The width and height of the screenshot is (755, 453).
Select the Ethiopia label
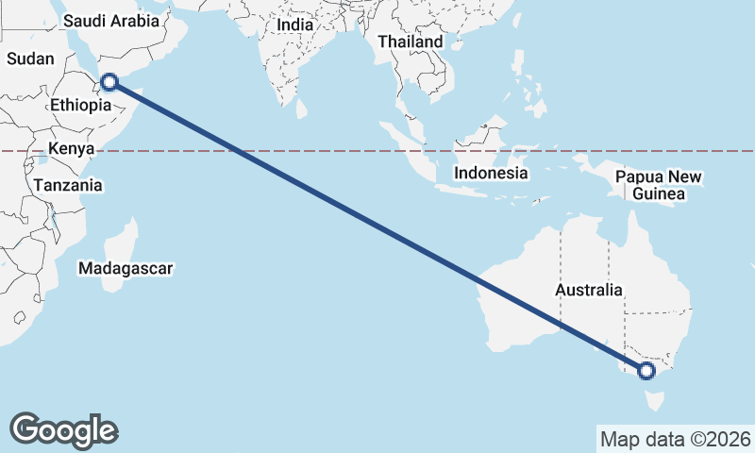coord(81,105)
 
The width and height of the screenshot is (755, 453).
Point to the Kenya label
coord(71,149)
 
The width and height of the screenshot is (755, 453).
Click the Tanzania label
coord(67,186)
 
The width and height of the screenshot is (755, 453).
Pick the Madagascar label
coord(126,269)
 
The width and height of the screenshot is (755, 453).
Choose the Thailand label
coord(410,42)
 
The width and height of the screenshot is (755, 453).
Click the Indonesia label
coord(490,174)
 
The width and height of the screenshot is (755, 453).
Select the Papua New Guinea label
coord(660,185)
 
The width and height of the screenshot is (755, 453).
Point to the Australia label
coord(589,290)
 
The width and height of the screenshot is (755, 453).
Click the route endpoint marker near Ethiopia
coord(109,82)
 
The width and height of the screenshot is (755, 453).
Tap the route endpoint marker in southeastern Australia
coord(646,371)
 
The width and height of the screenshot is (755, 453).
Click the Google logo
coord(64,430)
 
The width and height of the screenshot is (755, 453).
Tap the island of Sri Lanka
coord(301,109)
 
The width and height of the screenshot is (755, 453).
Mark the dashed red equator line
coord(377,151)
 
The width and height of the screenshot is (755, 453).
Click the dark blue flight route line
coord(377,226)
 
